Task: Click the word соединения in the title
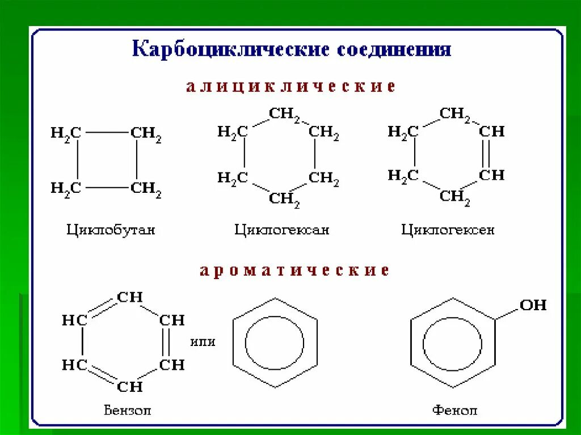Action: pos(394,49)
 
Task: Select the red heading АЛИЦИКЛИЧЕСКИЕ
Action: pos(290,87)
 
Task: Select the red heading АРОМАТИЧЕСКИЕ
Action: pos(294,271)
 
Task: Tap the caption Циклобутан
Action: pos(111,230)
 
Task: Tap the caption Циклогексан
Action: pos(281,230)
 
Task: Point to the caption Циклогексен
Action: pos(448,230)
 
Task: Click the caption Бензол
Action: pos(128,410)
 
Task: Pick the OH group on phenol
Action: pos(533,305)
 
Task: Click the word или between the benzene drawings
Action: pos(203,342)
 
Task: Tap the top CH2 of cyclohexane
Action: pos(284,115)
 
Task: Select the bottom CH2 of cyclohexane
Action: pos(284,199)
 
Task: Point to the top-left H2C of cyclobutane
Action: pos(66,134)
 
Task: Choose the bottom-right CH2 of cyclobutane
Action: pos(146,188)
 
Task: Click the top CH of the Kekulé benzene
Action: pos(130,297)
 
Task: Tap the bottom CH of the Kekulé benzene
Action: pos(130,387)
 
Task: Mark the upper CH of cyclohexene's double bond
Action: pos(491,132)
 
